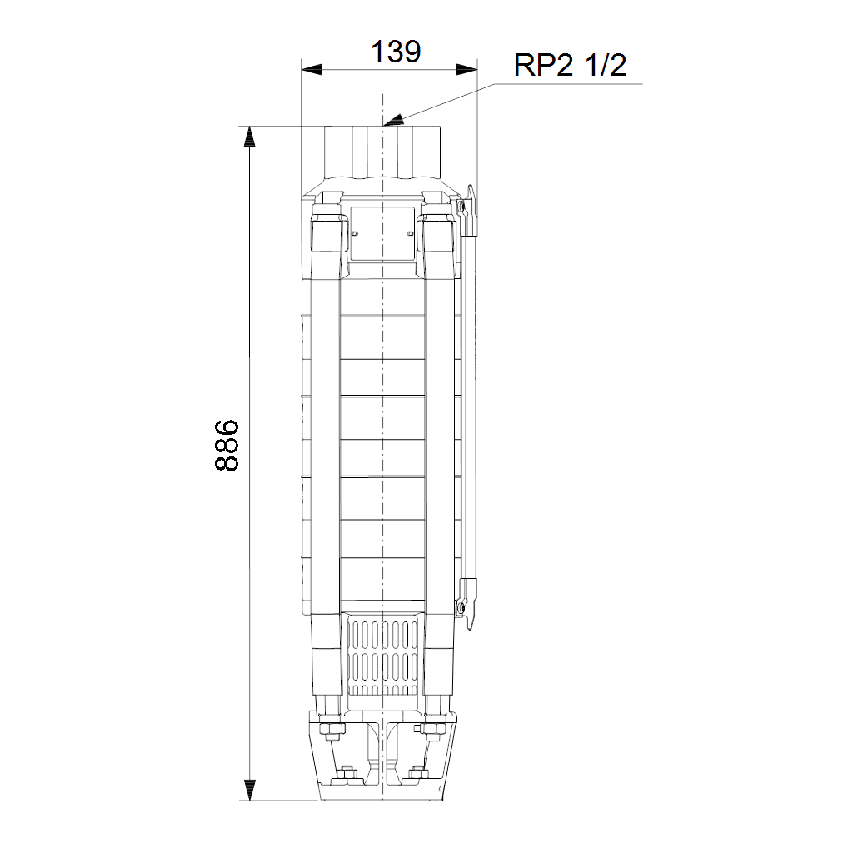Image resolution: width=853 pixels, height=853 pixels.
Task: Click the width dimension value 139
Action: (396, 52)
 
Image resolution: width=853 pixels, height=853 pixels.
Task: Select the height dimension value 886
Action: (227, 445)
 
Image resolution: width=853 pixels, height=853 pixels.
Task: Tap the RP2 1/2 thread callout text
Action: (570, 65)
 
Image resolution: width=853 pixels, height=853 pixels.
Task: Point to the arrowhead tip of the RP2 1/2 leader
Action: (383, 125)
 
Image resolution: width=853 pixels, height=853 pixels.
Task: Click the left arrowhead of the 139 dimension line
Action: (312, 70)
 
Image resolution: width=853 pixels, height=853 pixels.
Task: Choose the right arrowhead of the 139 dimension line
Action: (466, 70)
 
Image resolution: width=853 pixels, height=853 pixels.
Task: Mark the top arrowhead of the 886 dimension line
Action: (250, 137)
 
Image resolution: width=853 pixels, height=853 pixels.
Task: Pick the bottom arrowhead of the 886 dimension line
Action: (250, 790)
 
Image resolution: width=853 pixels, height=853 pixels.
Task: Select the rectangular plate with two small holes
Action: (382, 233)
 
